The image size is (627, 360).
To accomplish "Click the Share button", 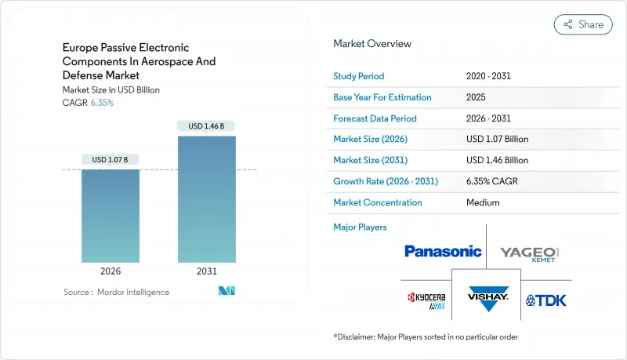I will (x=583, y=24).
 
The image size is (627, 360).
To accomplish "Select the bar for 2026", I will (x=111, y=215).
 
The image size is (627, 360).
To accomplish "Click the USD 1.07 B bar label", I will (x=111, y=159).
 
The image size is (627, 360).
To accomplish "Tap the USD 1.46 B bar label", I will (x=206, y=125).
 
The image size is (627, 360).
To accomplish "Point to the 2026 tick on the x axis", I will (x=111, y=272).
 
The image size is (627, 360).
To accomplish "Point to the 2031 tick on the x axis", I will (x=206, y=272).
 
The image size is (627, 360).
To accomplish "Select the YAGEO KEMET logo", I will (x=530, y=253).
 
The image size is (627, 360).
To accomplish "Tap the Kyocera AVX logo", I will (x=425, y=300).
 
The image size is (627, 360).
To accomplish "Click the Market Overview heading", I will (x=372, y=44).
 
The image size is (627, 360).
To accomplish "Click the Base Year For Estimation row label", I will (x=382, y=97).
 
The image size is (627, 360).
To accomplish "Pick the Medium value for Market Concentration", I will (x=482, y=202).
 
